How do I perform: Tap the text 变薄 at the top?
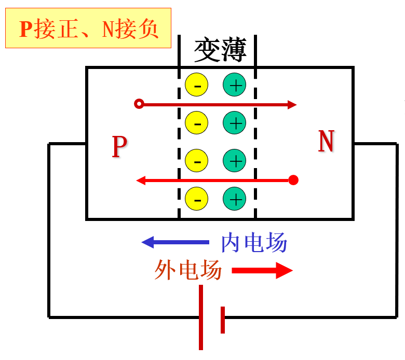[x=220, y=50]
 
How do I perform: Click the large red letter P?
[x=119, y=147]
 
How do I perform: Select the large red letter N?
[x=326, y=142]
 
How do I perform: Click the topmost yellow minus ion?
[x=197, y=85]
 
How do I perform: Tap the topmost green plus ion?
[x=235, y=85]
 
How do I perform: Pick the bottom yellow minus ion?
[x=197, y=198]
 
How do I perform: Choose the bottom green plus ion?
[x=235, y=198]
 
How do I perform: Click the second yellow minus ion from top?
[x=197, y=123]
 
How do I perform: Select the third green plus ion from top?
[x=235, y=160]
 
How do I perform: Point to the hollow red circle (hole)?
[x=139, y=104]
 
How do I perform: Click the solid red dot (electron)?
[x=293, y=180]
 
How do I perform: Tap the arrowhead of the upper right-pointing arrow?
[x=292, y=104]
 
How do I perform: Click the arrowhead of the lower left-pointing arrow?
[x=140, y=181]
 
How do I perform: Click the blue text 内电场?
[x=254, y=242]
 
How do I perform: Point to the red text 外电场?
[x=188, y=270]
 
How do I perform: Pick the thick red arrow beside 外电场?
[x=262, y=270]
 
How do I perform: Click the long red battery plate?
[x=201, y=317]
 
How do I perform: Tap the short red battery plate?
[x=223, y=320]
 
